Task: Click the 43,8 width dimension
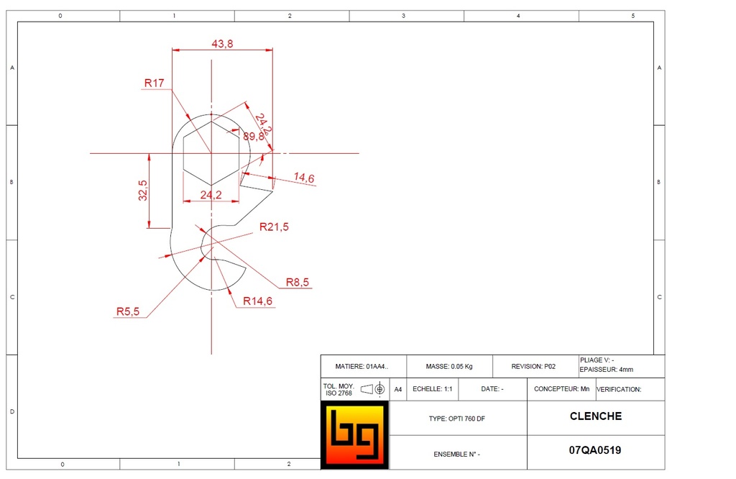(222, 44)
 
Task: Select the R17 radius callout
(154, 83)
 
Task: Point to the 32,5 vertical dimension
(143, 191)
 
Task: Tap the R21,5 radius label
(274, 227)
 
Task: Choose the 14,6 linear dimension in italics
(304, 178)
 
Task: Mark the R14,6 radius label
(257, 301)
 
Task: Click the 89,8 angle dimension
(253, 136)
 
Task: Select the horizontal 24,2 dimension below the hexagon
(211, 194)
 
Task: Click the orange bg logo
(354, 435)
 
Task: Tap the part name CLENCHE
(595, 416)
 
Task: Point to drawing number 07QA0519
(595, 451)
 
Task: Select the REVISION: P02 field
(533, 367)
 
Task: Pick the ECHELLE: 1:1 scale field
(432, 389)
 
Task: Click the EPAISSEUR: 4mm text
(607, 370)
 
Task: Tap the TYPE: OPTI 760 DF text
(456, 419)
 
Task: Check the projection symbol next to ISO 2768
(373, 389)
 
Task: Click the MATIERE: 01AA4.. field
(362, 367)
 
